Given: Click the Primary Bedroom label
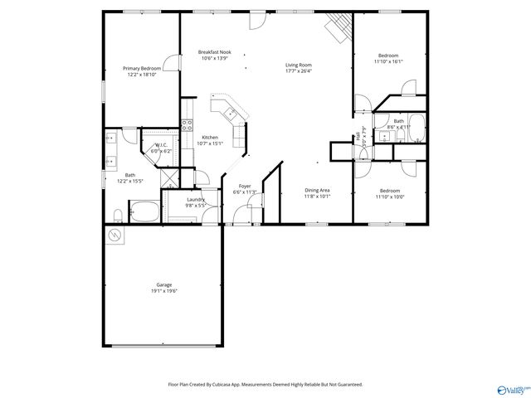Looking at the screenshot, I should point(142,68).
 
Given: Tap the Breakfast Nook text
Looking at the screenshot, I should point(214,51).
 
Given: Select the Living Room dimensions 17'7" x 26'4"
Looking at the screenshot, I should point(298,70).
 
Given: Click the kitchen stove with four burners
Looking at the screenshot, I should point(187,126).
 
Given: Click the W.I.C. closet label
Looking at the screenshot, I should point(162,146).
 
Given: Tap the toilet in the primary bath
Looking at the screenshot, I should point(118,216).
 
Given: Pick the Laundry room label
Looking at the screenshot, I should point(196,199).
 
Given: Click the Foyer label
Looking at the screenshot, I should point(245,186).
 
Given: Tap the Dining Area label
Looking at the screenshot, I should point(317,191).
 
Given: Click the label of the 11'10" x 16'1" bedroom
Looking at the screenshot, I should point(387,56).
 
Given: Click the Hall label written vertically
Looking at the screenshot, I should point(358,135).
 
